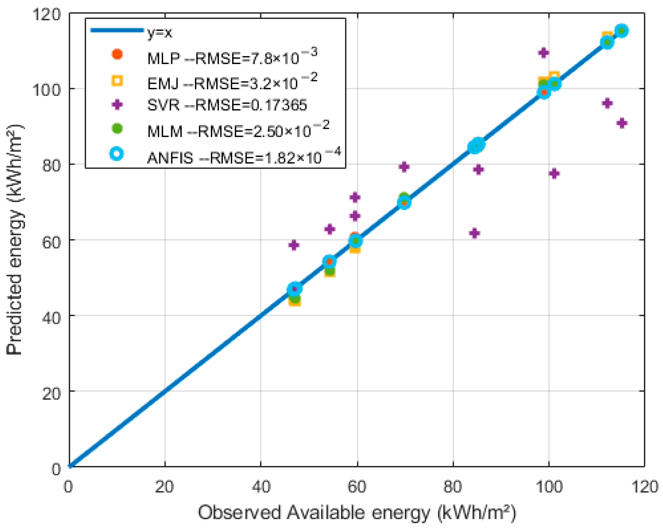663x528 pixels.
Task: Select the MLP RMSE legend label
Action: pos(231,57)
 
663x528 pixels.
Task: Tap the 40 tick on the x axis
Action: pos(261,487)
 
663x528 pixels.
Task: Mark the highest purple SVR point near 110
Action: pos(543,53)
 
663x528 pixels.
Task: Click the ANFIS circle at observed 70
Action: pos(404,202)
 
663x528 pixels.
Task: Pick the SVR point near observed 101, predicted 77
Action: pos(554,174)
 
